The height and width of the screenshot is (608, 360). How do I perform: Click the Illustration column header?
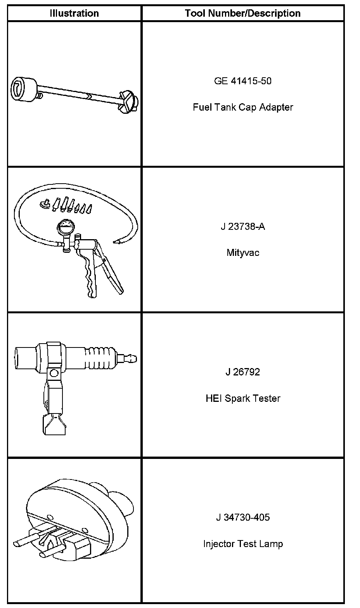(74, 13)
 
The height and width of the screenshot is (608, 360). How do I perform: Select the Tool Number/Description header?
(243, 13)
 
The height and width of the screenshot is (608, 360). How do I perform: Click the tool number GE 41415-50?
(243, 81)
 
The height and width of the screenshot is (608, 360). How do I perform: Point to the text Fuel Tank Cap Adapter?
(243, 107)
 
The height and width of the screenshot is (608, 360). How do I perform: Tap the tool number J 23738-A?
(243, 227)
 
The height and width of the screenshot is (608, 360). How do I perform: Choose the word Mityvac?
(243, 253)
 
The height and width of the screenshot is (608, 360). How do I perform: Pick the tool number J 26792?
(243, 372)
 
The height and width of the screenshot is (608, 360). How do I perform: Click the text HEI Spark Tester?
(243, 398)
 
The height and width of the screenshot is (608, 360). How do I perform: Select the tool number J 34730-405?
(243, 518)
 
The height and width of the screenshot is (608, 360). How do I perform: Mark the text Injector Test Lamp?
(243, 544)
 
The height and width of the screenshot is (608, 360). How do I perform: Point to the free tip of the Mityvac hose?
(115, 241)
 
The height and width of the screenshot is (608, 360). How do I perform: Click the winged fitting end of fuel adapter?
(128, 102)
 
